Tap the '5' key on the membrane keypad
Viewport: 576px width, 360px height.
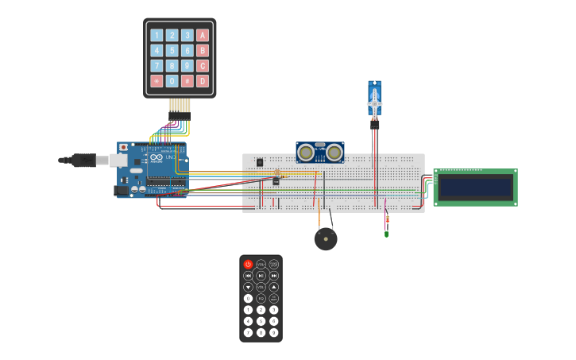coord(172,50)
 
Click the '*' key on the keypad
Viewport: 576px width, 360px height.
coord(157,81)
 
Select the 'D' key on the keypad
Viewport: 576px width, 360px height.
coord(203,81)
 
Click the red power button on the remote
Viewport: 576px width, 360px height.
coord(248,264)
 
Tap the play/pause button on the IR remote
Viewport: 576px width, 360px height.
coord(261,276)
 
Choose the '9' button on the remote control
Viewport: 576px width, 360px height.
coord(274,332)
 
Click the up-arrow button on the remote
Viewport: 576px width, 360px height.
coord(274,287)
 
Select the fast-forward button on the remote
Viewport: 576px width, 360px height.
coord(274,276)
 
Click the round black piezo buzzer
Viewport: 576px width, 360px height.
coord(325,238)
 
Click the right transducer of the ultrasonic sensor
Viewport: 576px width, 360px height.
coord(334,152)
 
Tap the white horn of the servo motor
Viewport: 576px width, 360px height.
coord(374,100)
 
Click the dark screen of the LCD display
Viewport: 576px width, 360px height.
coord(475,188)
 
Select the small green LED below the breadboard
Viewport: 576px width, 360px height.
coord(386,234)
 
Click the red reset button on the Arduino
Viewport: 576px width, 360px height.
coord(123,148)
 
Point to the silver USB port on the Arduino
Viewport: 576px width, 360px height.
coord(118,161)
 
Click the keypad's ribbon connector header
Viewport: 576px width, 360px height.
coord(179,116)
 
